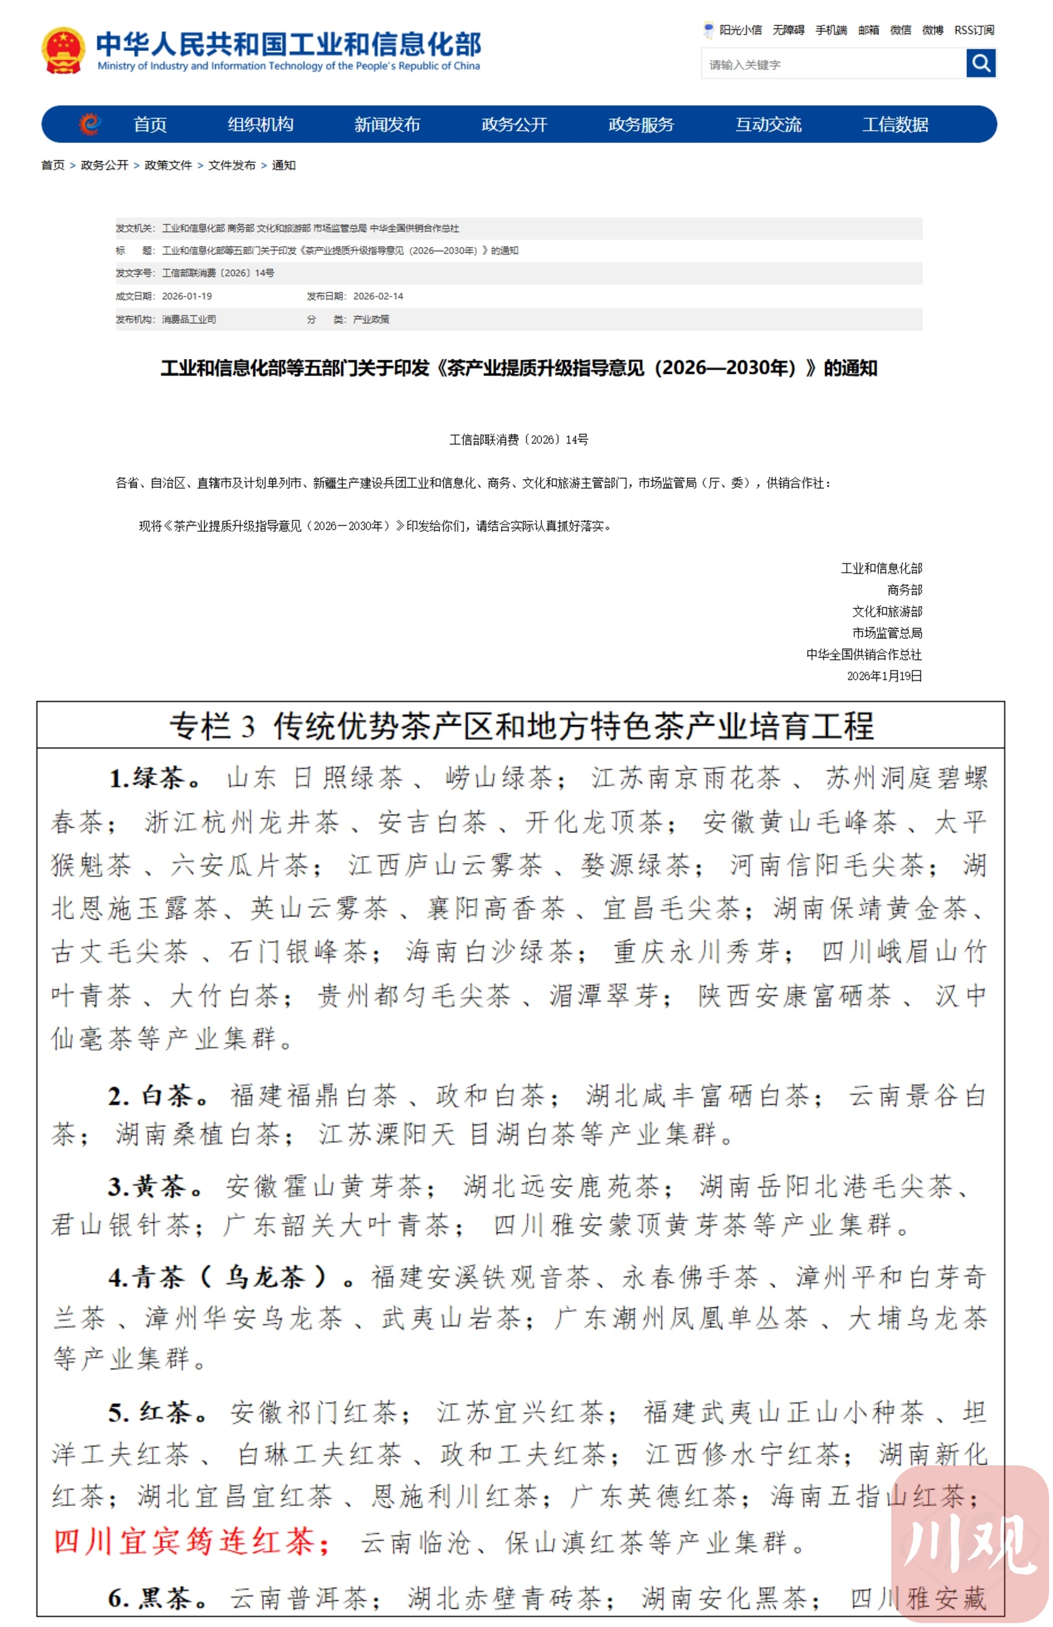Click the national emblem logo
point(63,51)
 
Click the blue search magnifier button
point(980,64)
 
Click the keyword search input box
point(833,64)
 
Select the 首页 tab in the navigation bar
point(150,124)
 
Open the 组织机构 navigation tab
point(261,124)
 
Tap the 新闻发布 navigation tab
point(387,124)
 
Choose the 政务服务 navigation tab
point(640,124)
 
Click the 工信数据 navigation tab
point(895,124)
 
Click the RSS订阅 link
point(974,30)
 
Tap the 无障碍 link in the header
point(788,30)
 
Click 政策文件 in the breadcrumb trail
point(168,165)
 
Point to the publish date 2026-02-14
point(378,296)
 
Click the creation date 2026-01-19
point(186,296)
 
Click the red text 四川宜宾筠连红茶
point(191,1541)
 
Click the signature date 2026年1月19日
point(884,676)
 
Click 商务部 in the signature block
point(904,590)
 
